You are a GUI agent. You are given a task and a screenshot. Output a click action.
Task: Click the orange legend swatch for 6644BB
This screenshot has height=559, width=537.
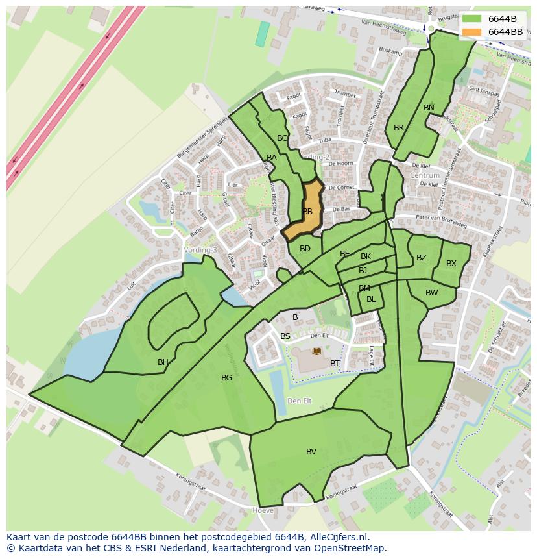click(472, 32)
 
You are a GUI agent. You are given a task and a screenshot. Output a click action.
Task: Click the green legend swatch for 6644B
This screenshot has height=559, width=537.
click(472, 19)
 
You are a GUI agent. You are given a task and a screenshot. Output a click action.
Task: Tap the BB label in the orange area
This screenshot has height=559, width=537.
click(307, 212)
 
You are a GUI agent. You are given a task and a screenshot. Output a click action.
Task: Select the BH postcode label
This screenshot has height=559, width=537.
click(163, 362)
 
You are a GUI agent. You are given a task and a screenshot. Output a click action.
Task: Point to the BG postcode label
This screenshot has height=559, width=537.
click(226, 378)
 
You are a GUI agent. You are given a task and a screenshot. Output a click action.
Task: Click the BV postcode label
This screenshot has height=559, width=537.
click(311, 452)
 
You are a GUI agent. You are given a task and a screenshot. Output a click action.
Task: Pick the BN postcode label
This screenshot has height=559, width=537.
click(429, 108)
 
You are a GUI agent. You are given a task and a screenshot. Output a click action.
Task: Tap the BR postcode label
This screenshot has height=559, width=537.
click(399, 128)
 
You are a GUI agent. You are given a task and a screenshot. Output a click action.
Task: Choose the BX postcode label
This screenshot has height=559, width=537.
click(451, 264)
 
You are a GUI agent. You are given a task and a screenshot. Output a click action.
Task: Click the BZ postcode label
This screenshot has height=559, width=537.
click(422, 258)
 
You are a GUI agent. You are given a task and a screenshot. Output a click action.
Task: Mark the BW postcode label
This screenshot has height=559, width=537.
click(432, 293)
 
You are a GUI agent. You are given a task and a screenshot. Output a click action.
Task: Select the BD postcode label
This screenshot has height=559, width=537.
click(305, 249)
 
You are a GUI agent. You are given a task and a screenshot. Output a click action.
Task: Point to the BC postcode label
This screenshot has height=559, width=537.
click(282, 138)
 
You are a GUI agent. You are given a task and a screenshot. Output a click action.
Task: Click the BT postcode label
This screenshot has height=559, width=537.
click(335, 364)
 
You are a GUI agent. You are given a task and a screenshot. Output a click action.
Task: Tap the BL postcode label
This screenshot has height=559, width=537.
click(371, 299)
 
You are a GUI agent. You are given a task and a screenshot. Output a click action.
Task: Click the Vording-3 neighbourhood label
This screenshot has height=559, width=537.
click(200, 250)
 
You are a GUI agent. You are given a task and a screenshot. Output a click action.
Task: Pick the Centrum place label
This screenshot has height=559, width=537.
click(425, 175)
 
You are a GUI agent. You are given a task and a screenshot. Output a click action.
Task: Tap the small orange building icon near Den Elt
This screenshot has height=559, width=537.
click(316, 351)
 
